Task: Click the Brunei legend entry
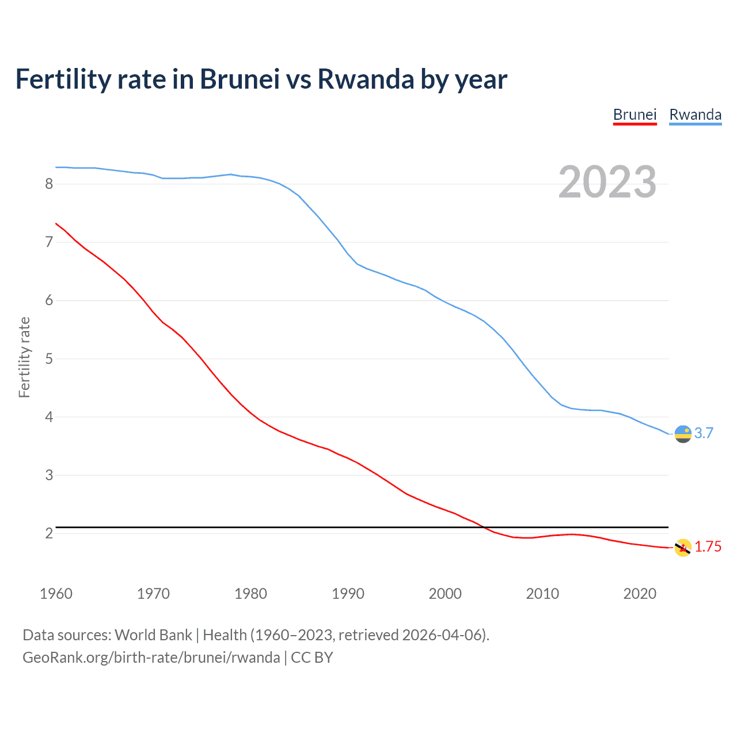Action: point(635,115)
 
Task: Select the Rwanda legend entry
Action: point(695,115)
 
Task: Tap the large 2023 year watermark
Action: point(607,182)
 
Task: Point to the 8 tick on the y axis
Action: point(49,184)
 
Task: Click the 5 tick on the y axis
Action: point(49,359)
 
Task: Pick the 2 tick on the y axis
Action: point(49,533)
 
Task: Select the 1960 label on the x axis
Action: point(56,594)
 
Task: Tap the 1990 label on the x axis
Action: point(348,594)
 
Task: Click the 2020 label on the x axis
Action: point(640,594)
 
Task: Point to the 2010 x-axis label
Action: point(542,594)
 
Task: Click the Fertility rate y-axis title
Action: point(24,357)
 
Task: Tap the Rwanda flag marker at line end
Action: point(683,434)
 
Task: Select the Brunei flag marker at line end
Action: point(683,548)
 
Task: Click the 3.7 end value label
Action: point(704,433)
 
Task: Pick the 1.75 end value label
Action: point(708,547)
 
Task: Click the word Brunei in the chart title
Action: point(240,79)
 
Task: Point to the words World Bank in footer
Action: point(153,635)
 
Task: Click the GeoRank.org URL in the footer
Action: point(151,658)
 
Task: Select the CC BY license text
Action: point(312,658)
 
